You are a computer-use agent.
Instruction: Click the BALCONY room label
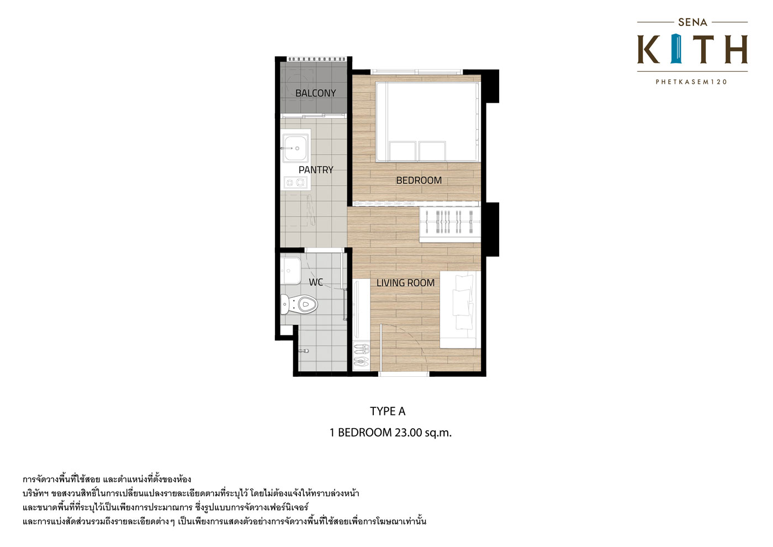[x=315, y=93]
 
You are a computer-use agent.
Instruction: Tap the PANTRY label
[x=316, y=170]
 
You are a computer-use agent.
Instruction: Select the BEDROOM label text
[x=419, y=180]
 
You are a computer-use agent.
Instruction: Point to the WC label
[x=316, y=282]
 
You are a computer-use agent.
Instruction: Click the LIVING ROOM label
[x=405, y=283]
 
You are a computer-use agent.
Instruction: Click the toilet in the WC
[x=299, y=304]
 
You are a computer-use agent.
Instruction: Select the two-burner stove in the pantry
[x=295, y=182]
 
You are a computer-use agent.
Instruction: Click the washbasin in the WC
[x=290, y=270]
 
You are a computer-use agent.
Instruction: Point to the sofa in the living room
[x=460, y=309]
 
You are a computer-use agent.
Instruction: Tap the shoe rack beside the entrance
[x=361, y=355]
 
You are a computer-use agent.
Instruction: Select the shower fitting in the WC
[x=304, y=351]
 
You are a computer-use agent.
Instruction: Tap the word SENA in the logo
[x=692, y=23]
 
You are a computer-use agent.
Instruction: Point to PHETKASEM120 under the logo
[x=691, y=82]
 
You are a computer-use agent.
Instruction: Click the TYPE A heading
[x=388, y=411]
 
